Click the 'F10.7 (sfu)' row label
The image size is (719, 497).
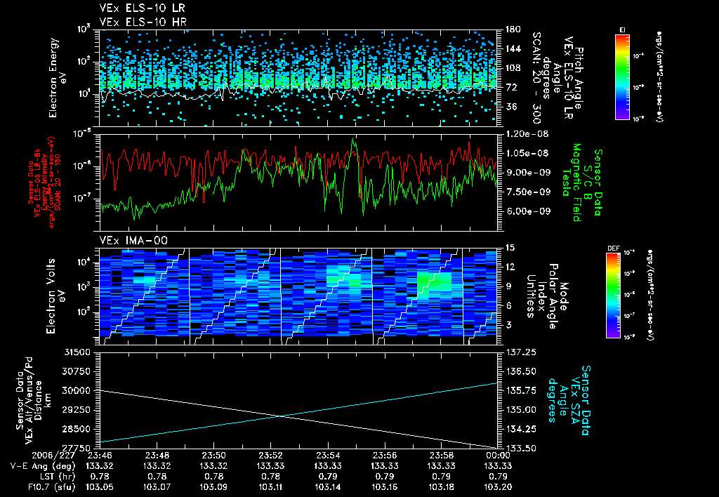click(34, 486)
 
